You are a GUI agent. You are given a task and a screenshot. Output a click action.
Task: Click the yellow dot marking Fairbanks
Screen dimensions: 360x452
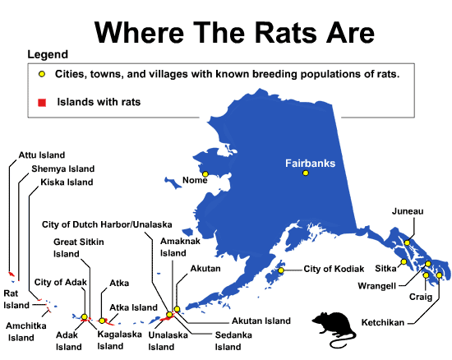point(306,173)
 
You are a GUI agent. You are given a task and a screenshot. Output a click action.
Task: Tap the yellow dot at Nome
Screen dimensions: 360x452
point(206,173)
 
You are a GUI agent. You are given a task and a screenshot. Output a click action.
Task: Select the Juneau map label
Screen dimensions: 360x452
point(408,211)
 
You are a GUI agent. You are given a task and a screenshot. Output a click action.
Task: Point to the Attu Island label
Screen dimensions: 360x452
point(42,155)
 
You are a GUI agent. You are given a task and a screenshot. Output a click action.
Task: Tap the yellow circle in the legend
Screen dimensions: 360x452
point(41,74)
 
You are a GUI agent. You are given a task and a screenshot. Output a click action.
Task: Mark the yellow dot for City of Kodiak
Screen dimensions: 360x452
point(281,270)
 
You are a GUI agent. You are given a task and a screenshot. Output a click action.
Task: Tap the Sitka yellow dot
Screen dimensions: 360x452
point(404,262)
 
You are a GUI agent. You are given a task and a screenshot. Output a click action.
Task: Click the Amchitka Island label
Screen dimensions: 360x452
point(26,331)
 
